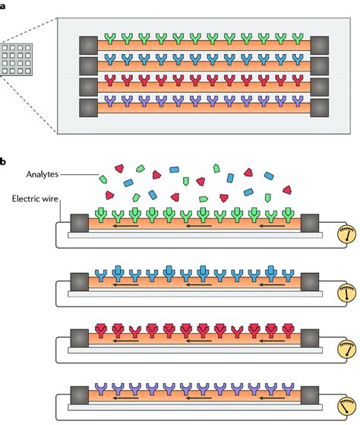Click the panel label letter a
4,4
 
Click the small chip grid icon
20,60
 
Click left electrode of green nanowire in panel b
79,224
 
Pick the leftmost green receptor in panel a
112,38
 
